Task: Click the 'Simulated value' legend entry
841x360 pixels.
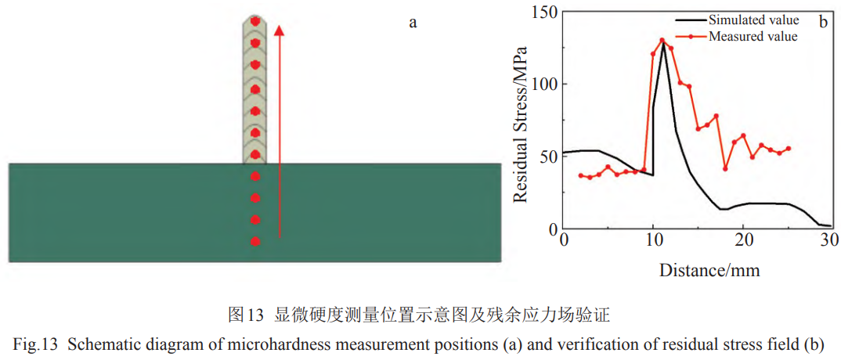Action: pos(753,20)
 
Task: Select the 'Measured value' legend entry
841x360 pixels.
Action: pos(753,36)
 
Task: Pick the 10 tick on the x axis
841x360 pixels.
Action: pos(653,239)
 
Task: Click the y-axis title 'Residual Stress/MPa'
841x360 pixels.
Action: pos(520,125)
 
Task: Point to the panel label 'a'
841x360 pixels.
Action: pos(413,22)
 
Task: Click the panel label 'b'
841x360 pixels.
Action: pos(823,22)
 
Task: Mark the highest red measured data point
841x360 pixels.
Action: pos(662,40)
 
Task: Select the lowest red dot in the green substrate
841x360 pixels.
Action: pos(254,241)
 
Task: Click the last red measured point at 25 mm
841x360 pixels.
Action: pos(788,148)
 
